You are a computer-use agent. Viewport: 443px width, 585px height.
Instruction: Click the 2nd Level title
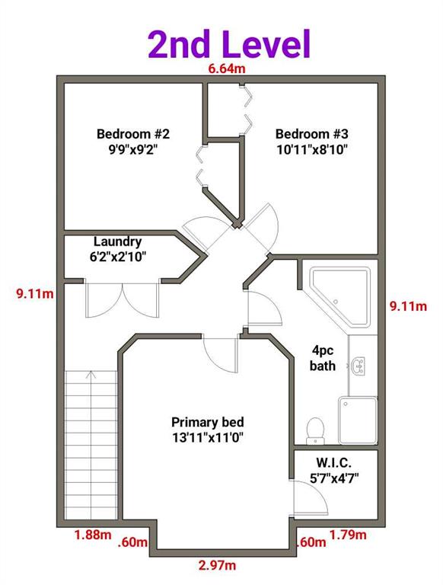point(229,44)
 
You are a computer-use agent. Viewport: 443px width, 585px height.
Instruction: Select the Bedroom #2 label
point(133,133)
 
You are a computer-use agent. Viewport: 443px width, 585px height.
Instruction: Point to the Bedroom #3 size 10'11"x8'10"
point(312,149)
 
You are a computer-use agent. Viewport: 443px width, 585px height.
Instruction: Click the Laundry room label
point(117,241)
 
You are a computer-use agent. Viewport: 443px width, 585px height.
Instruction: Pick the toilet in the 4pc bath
point(315,431)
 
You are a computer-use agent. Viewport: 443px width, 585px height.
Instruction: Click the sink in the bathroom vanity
point(358,366)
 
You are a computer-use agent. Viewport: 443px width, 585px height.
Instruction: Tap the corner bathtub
point(340,296)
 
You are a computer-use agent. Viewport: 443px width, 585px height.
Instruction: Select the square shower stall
point(358,420)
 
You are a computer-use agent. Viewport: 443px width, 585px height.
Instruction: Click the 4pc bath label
point(323,358)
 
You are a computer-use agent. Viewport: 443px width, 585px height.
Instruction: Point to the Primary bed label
point(208,422)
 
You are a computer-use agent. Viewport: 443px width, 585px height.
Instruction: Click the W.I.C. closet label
point(334,462)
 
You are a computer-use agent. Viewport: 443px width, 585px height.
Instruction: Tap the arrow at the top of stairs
point(91,375)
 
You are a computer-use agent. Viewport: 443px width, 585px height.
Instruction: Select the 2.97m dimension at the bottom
point(217,565)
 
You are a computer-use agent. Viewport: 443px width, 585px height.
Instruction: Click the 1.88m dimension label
point(93,535)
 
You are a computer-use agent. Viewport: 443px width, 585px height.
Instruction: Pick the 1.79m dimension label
point(348,535)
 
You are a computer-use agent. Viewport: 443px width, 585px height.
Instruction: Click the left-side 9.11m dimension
point(35,294)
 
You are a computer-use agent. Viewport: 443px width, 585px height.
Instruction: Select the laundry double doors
point(123,300)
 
